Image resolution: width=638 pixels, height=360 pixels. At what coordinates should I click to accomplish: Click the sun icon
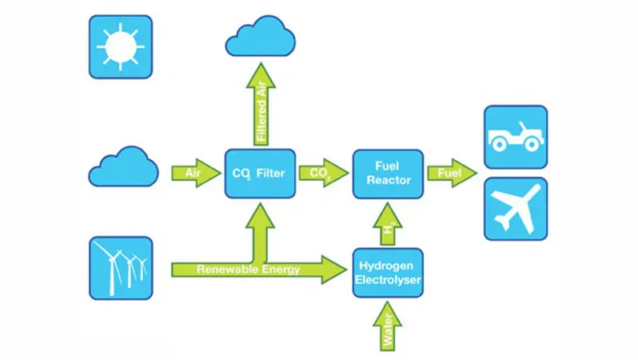121,47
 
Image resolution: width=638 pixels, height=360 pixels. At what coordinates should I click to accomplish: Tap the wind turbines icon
121,268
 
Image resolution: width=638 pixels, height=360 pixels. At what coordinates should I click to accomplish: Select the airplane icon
516,209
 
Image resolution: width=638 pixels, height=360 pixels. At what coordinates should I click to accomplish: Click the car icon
516,137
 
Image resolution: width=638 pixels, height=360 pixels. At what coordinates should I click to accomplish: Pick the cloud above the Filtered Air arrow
261,37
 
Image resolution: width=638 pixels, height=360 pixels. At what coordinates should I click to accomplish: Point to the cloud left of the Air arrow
123,167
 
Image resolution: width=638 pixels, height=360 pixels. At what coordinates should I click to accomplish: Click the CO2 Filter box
260,174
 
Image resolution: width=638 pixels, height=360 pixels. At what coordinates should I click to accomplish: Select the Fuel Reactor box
388,174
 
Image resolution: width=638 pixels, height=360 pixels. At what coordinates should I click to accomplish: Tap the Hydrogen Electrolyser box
388,273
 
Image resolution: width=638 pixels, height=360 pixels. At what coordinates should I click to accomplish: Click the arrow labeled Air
196,173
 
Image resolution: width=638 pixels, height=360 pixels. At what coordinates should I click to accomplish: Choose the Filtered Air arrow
261,104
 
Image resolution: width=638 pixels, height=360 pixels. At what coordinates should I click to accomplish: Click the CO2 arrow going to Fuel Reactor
324,173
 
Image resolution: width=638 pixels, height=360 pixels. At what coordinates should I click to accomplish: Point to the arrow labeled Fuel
452,173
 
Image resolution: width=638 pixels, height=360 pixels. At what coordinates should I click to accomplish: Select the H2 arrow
388,224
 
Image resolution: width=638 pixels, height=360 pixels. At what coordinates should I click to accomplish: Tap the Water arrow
388,326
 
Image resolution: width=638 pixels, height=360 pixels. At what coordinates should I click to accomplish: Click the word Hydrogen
386,266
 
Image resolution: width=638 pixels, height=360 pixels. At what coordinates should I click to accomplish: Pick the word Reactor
389,180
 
